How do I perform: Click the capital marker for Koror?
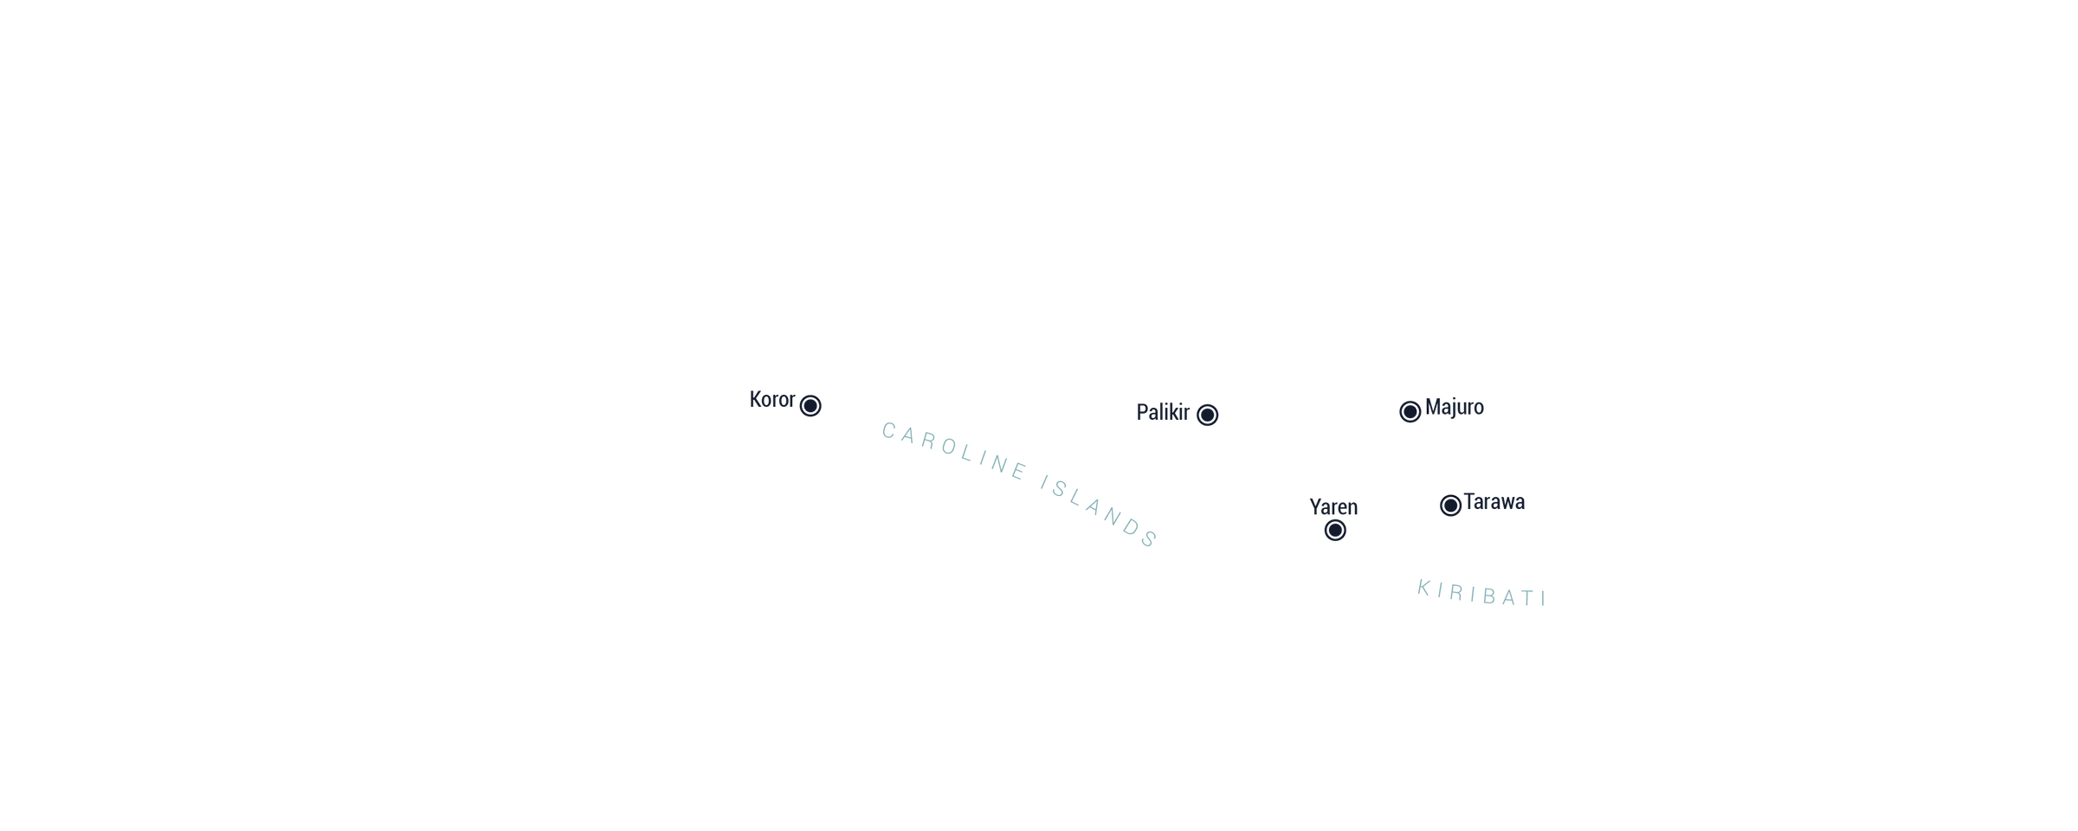(x=810, y=405)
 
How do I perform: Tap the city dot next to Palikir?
(x=1207, y=415)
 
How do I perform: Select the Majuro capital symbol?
(x=1410, y=411)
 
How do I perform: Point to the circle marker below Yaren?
(x=1335, y=530)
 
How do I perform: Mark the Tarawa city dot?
(x=1450, y=506)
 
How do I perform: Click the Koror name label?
(x=772, y=400)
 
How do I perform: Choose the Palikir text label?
(x=1163, y=412)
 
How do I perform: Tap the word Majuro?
(x=1455, y=407)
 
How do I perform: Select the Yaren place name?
(x=1333, y=506)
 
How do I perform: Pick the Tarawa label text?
(x=1494, y=502)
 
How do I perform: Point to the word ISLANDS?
(x=1100, y=512)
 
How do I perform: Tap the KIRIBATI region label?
(x=1481, y=594)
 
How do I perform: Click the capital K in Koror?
(x=755, y=400)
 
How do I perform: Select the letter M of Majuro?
(x=1433, y=407)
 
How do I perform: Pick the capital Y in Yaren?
(x=1315, y=506)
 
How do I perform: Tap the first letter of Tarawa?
(x=1469, y=502)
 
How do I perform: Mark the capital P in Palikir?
(x=1142, y=412)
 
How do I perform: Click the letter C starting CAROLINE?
(x=888, y=429)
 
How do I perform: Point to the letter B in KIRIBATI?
(x=1490, y=596)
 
